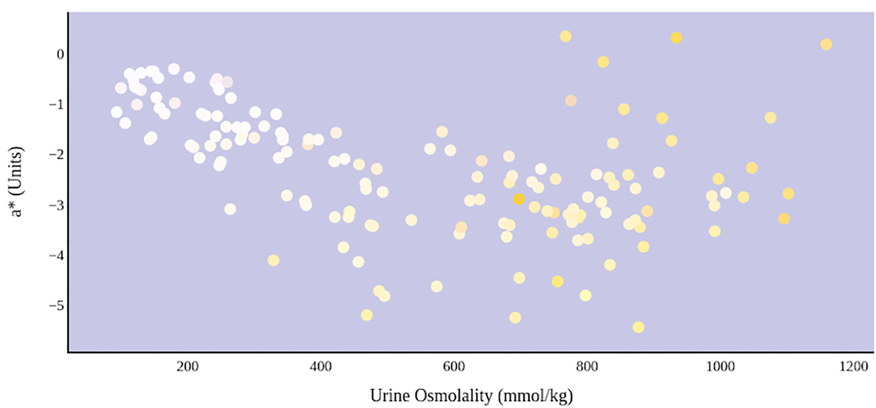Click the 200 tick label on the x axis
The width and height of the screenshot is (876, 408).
pyautogui.click(x=188, y=367)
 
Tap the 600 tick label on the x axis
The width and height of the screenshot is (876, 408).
pyautogui.click(x=454, y=367)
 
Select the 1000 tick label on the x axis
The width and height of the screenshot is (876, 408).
pyautogui.click(x=720, y=367)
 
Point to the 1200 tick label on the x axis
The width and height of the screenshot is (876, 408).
pyautogui.click(x=853, y=367)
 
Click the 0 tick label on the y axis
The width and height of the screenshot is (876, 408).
pyautogui.click(x=60, y=54)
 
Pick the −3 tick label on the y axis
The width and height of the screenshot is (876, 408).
pyautogui.click(x=57, y=205)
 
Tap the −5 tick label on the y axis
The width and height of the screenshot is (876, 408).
pyautogui.click(x=57, y=306)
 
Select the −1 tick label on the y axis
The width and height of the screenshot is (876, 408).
pyautogui.click(x=57, y=105)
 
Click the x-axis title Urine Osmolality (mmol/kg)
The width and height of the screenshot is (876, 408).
pyautogui.click(x=471, y=396)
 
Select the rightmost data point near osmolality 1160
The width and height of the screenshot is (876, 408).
pyautogui.click(x=826, y=45)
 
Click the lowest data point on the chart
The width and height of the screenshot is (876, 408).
pyautogui.click(x=638, y=327)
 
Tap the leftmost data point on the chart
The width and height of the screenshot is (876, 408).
pyautogui.click(x=116, y=112)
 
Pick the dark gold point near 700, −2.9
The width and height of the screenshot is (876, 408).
pyautogui.click(x=519, y=199)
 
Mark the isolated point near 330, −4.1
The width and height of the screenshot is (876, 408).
pyautogui.click(x=273, y=261)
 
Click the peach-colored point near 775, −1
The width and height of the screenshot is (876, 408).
pyautogui.click(x=571, y=101)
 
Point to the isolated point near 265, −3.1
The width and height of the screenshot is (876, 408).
pyautogui.click(x=230, y=209)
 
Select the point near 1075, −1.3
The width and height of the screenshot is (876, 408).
pyautogui.click(x=770, y=118)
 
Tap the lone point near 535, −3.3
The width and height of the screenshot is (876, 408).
pyautogui.click(x=411, y=220)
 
